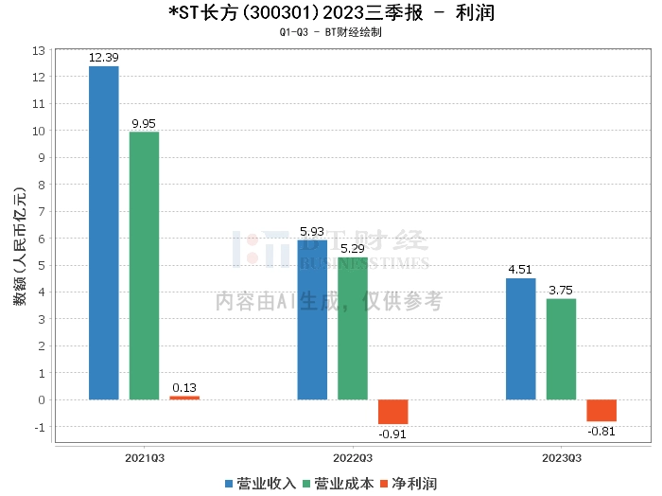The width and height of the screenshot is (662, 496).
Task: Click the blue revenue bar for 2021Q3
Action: point(103,233)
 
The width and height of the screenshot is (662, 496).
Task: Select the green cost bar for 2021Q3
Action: point(144,266)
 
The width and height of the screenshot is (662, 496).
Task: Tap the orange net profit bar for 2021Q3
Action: point(184,398)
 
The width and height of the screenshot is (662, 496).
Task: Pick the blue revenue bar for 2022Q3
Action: point(312,320)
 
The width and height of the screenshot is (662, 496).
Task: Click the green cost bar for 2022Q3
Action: point(353,328)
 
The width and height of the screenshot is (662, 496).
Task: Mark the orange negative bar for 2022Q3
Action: point(393,412)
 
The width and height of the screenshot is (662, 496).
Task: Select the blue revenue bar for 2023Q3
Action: point(521,339)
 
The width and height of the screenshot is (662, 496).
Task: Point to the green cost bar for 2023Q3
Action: point(562,349)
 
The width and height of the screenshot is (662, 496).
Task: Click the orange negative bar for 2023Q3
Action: point(601,410)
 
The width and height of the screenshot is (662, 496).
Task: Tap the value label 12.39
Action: point(103,58)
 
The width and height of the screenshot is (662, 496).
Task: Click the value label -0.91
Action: point(393,434)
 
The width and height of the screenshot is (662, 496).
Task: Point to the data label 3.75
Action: point(562,291)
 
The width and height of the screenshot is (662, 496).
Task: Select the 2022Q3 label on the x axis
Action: point(353,457)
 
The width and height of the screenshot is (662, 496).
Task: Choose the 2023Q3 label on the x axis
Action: point(562,457)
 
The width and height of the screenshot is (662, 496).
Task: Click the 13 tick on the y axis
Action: point(39,49)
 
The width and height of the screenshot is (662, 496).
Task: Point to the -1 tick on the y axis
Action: point(39,427)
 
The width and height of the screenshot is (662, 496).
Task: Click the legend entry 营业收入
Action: point(260,483)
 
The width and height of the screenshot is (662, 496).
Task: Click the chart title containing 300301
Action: point(331,13)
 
